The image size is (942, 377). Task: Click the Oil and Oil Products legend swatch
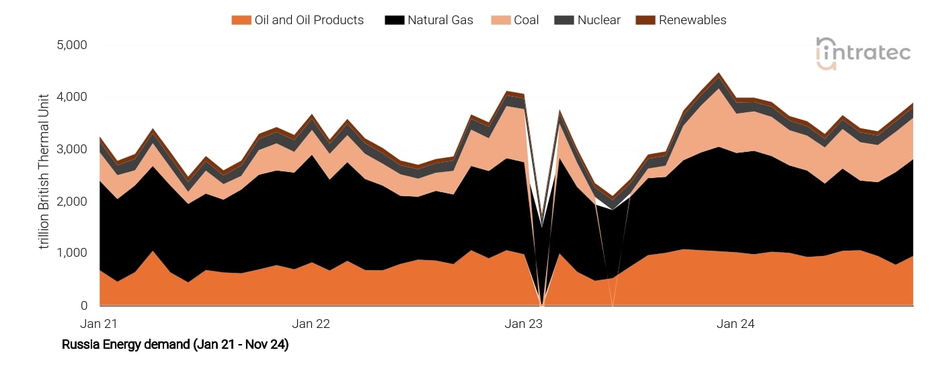[240, 20]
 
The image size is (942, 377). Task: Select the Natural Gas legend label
[440, 20]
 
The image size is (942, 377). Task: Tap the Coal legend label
[526, 20]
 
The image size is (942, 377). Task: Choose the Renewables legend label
[693, 20]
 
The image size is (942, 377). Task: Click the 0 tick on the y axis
[83, 306]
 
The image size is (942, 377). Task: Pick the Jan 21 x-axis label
[99, 324]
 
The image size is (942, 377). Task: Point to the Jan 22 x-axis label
[311, 324]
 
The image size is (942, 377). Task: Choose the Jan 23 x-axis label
[524, 324]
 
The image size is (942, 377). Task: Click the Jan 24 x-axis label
[736, 324]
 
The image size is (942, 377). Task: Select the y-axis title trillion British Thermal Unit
[44, 171]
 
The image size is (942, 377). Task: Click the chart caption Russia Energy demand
[175, 345]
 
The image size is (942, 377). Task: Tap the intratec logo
[863, 53]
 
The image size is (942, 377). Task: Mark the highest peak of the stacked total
[719, 73]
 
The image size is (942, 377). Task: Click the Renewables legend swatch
[644, 20]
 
